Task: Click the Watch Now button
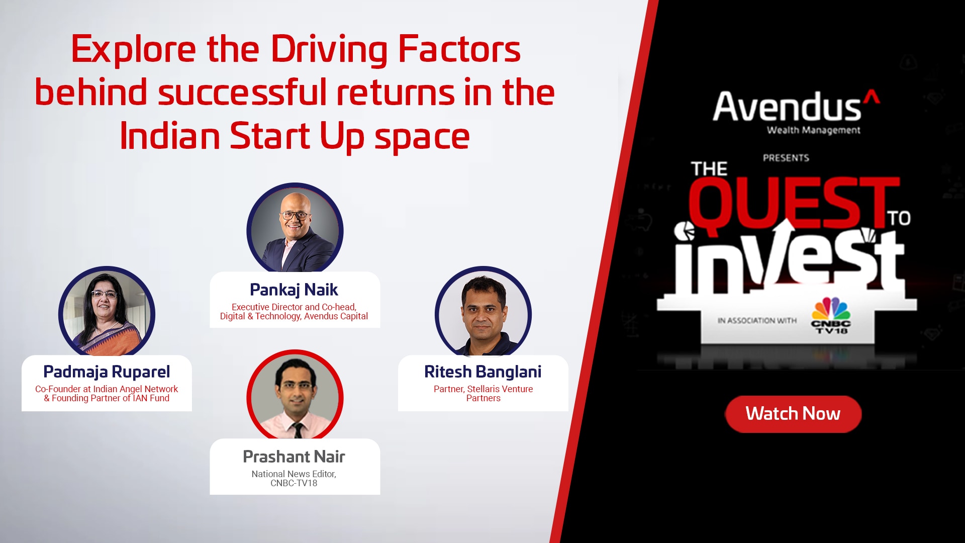[793, 414]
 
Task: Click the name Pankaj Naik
[294, 290]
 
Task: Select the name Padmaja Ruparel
[107, 372]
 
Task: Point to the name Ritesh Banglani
[483, 372]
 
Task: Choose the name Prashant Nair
[294, 457]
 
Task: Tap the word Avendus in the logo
[787, 107]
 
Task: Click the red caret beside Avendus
[872, 96]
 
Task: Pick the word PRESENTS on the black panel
[786, 158]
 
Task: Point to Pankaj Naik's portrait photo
[295, 230]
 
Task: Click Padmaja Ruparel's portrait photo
[107, 313]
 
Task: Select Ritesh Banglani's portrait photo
[483, 313]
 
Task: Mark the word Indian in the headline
[170, 137]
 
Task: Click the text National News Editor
[294, 474]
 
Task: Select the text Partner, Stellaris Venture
[483, 389]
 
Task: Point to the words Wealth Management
[814, 131]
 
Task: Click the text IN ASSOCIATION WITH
[757, 321]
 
